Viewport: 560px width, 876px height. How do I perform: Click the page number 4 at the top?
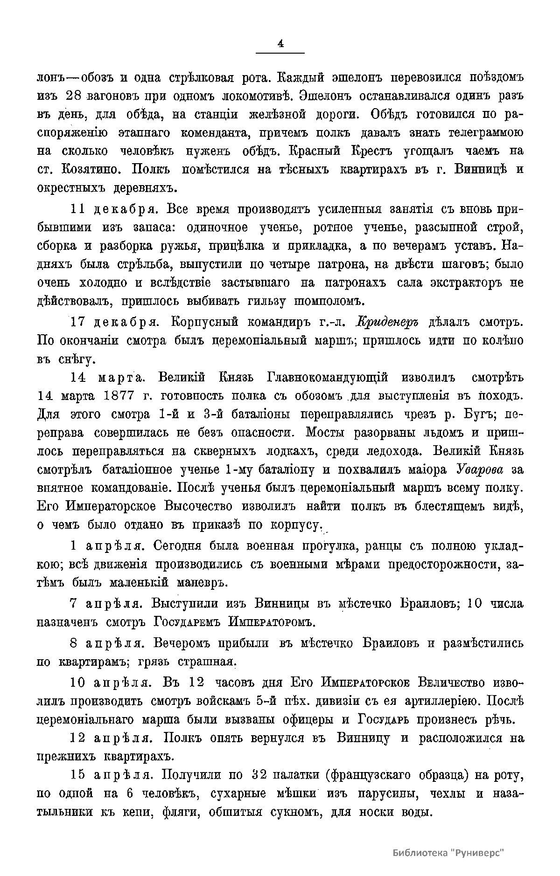pyautogui.click(x=280, y=44)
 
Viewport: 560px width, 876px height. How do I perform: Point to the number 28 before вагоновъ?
pyautogui.click(x=74, y=95)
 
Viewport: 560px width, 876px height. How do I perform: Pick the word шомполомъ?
pyautogui.click(x=328, y=301)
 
